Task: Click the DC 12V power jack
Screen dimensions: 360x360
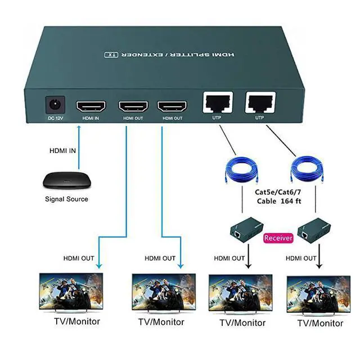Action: (55, 105)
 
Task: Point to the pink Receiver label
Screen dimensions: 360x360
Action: (278, 237)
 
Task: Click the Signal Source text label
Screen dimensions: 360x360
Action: (66, 199)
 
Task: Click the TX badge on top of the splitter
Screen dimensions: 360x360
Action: (110, 55)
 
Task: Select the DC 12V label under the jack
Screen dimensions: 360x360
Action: (55, 118)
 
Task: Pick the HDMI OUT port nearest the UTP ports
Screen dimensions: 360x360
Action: (172, 106)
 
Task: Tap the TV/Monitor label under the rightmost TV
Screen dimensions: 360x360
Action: (320, 323)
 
